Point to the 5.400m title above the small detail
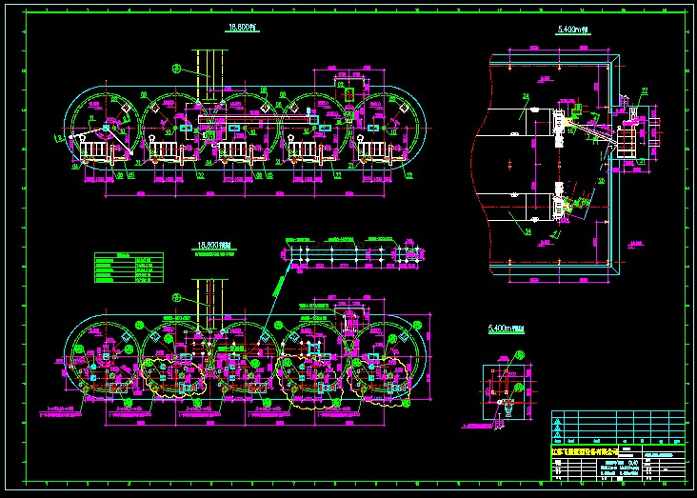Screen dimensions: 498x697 pos(506,329)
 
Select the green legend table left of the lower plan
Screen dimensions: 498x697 pos(132,268)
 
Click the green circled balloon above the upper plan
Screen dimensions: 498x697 pos(176,68)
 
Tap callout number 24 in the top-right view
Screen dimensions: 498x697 pos(526,98)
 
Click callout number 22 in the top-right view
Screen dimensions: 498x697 pos(644,91)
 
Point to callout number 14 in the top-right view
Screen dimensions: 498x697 pos(525,230)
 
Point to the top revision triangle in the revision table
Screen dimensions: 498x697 pos(558,417)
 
